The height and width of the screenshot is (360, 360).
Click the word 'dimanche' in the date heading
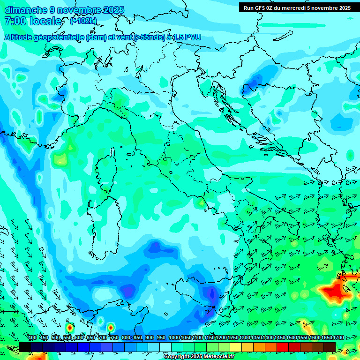pos(26,10)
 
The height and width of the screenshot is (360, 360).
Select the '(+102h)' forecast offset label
pos(83,21)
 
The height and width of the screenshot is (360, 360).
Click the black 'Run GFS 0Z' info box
pos(297,7)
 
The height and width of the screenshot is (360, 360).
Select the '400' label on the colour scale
pos(32,338)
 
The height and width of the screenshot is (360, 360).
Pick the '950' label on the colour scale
pos(161,338)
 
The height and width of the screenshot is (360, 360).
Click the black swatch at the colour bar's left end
pos(25,347)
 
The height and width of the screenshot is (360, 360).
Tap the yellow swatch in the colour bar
pos(236,347)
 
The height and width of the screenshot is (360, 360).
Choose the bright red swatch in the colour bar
pos(283,347)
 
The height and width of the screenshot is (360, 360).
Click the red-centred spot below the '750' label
pos(111,327)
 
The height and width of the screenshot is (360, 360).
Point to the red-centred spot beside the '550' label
pos(69,327)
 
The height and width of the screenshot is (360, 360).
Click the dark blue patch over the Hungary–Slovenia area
pos(257,79)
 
